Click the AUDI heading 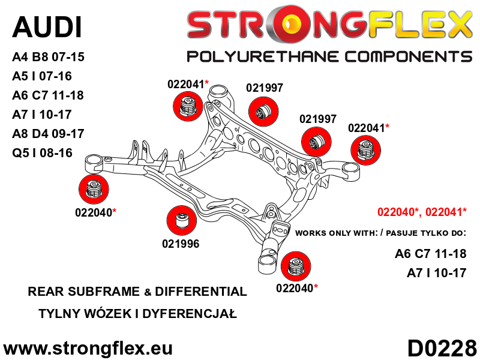coord(47,27)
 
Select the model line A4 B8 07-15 coord(48,57)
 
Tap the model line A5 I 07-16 coord(42,76)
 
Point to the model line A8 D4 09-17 coord(48,134)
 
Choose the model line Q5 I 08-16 coord(42,153)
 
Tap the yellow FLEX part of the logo coord(419,24)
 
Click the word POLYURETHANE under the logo coord(263,57)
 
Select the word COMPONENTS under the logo coord(409,57)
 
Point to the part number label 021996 coord(181,244)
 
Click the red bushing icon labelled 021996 coord(182,221)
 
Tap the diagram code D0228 coord(442,348)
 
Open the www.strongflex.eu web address coord(88,349)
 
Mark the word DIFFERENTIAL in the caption coord(201,292)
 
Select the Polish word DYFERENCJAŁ coord(190,314)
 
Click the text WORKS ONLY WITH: coord(337,233)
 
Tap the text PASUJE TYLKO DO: coord(426,233)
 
